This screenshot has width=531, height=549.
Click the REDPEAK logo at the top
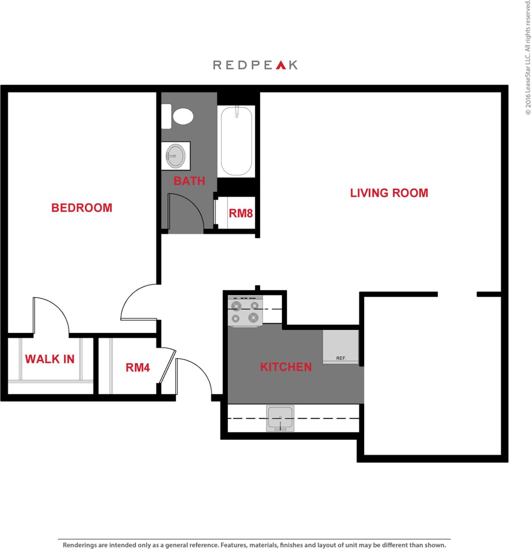pyautogui.click(x=255, y=65)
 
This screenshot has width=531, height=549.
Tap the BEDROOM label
pyautogui.click(x=82, y=208)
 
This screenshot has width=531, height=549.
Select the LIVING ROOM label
pyautogui.click(x=389, y=193)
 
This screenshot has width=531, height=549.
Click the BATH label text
pyautogui.click(x=189, y=181)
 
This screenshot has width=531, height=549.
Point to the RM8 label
pyautogui.click(x=241, y=213)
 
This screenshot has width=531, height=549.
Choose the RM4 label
pyautogui.click(x=138, y=367)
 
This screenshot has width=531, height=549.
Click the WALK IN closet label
pyautogui.click(x=50, y=359)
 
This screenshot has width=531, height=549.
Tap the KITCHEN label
pyautogui.click(x=286, y=367)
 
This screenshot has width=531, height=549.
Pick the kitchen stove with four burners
pyautogui.click(x=245, y=311)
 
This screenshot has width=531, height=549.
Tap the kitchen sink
pyautogui.click(x=280, y=418)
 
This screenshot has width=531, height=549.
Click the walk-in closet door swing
pyautogui.click(x=51, y=315)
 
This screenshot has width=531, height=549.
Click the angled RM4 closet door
pyautogui.click(x=167, y=366)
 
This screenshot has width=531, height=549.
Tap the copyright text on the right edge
pyautogui.click(x=527, y=57)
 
